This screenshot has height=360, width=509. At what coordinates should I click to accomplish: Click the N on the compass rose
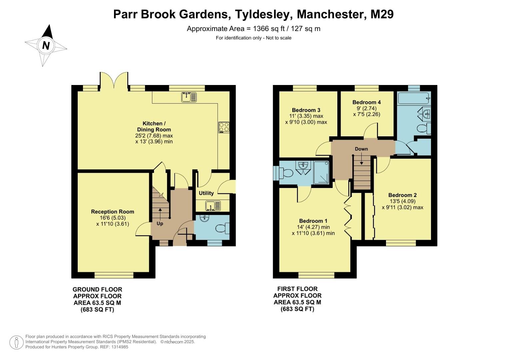click(46, 45)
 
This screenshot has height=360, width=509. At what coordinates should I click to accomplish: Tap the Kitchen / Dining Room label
click(152, 126)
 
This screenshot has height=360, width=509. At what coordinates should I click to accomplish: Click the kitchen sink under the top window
click(189, 97)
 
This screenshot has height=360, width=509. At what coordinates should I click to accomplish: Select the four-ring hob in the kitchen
click(224, 127)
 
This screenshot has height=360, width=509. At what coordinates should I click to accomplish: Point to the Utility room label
click(206, 193)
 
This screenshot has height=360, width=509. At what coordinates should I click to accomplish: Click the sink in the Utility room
click(211, 206)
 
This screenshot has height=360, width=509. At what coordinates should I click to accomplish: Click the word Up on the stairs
click(160, 224)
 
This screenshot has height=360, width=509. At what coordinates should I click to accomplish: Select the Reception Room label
click(113, 212)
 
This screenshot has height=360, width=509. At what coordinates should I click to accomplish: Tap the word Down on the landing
click(361, 149)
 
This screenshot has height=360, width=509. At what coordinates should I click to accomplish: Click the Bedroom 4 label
click(367, 102)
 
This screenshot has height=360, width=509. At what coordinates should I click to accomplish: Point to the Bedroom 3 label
click(306, 110)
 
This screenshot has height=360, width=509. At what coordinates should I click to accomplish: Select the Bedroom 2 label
click(402, 195)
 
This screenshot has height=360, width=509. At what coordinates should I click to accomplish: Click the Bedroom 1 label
click(313, 221)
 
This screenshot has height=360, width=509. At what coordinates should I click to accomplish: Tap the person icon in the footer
click(16, 342)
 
